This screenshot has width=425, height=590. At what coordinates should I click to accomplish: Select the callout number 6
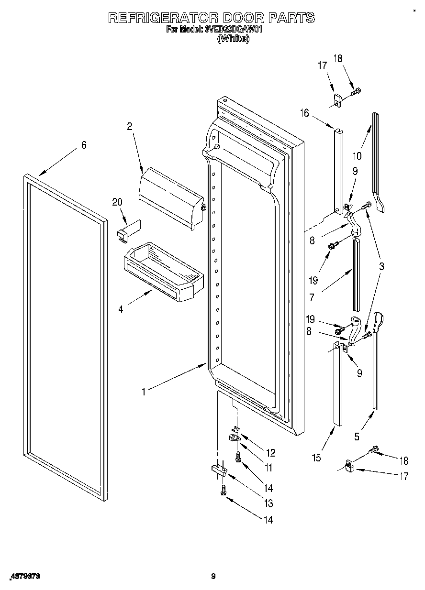(x=84, y=145)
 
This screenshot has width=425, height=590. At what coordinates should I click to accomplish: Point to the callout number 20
(x=117, y=202)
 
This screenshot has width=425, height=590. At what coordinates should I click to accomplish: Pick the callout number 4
(x=121, y=309)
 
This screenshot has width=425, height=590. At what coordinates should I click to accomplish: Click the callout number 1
(x=143, y=392)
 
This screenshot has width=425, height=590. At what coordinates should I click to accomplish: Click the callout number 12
(x=271, y=453)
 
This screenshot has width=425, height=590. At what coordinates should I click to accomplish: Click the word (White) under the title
(x=233, y=39)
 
